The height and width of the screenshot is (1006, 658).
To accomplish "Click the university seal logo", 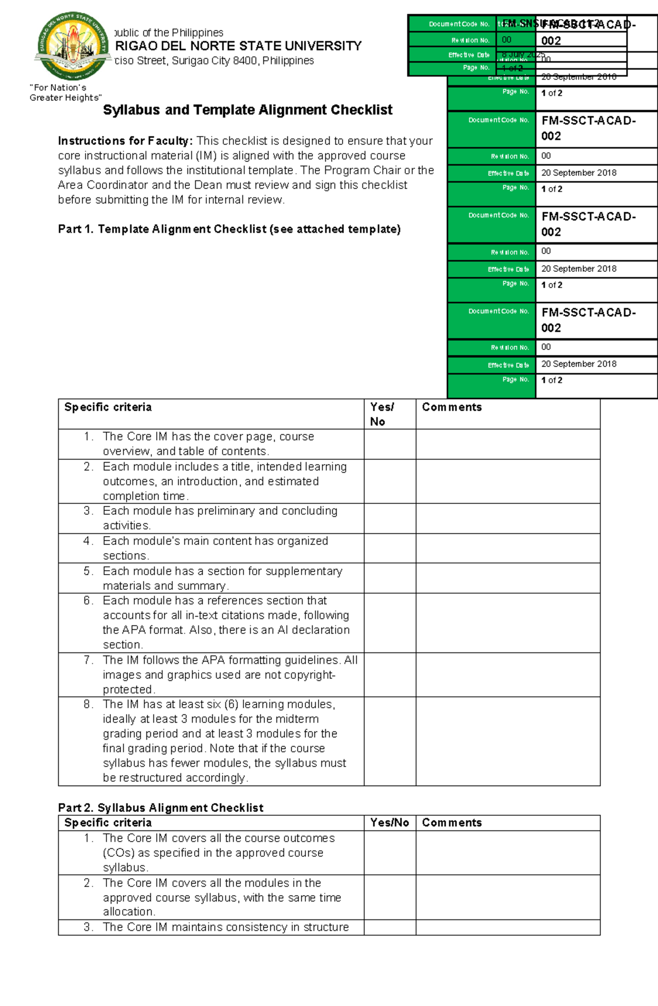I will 73,46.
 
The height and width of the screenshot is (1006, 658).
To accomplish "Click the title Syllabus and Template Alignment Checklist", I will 247,110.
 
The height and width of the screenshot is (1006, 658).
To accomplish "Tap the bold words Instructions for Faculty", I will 125,141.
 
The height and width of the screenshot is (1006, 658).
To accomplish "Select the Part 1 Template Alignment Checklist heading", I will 229,229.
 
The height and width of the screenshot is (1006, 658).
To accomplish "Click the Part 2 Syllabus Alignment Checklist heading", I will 161,808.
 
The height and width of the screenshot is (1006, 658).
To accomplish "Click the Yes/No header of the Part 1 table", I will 382,414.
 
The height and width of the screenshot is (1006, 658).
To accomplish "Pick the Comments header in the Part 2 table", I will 452,822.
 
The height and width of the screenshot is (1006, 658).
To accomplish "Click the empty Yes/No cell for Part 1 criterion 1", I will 390,444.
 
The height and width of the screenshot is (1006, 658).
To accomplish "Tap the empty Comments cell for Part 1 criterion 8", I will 508,741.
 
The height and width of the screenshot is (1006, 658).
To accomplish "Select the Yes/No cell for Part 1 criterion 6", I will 390,623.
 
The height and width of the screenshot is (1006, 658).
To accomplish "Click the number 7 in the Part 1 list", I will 88,660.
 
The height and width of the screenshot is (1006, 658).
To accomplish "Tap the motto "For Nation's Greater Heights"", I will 65,93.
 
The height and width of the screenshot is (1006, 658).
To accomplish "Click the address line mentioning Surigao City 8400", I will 214,61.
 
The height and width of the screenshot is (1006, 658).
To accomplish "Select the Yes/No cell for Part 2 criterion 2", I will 390,897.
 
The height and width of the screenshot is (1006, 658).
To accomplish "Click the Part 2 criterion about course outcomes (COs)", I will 218,852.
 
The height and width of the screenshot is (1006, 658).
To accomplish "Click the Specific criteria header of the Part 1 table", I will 108,407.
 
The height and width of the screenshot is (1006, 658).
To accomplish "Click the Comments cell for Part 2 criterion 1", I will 508,852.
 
